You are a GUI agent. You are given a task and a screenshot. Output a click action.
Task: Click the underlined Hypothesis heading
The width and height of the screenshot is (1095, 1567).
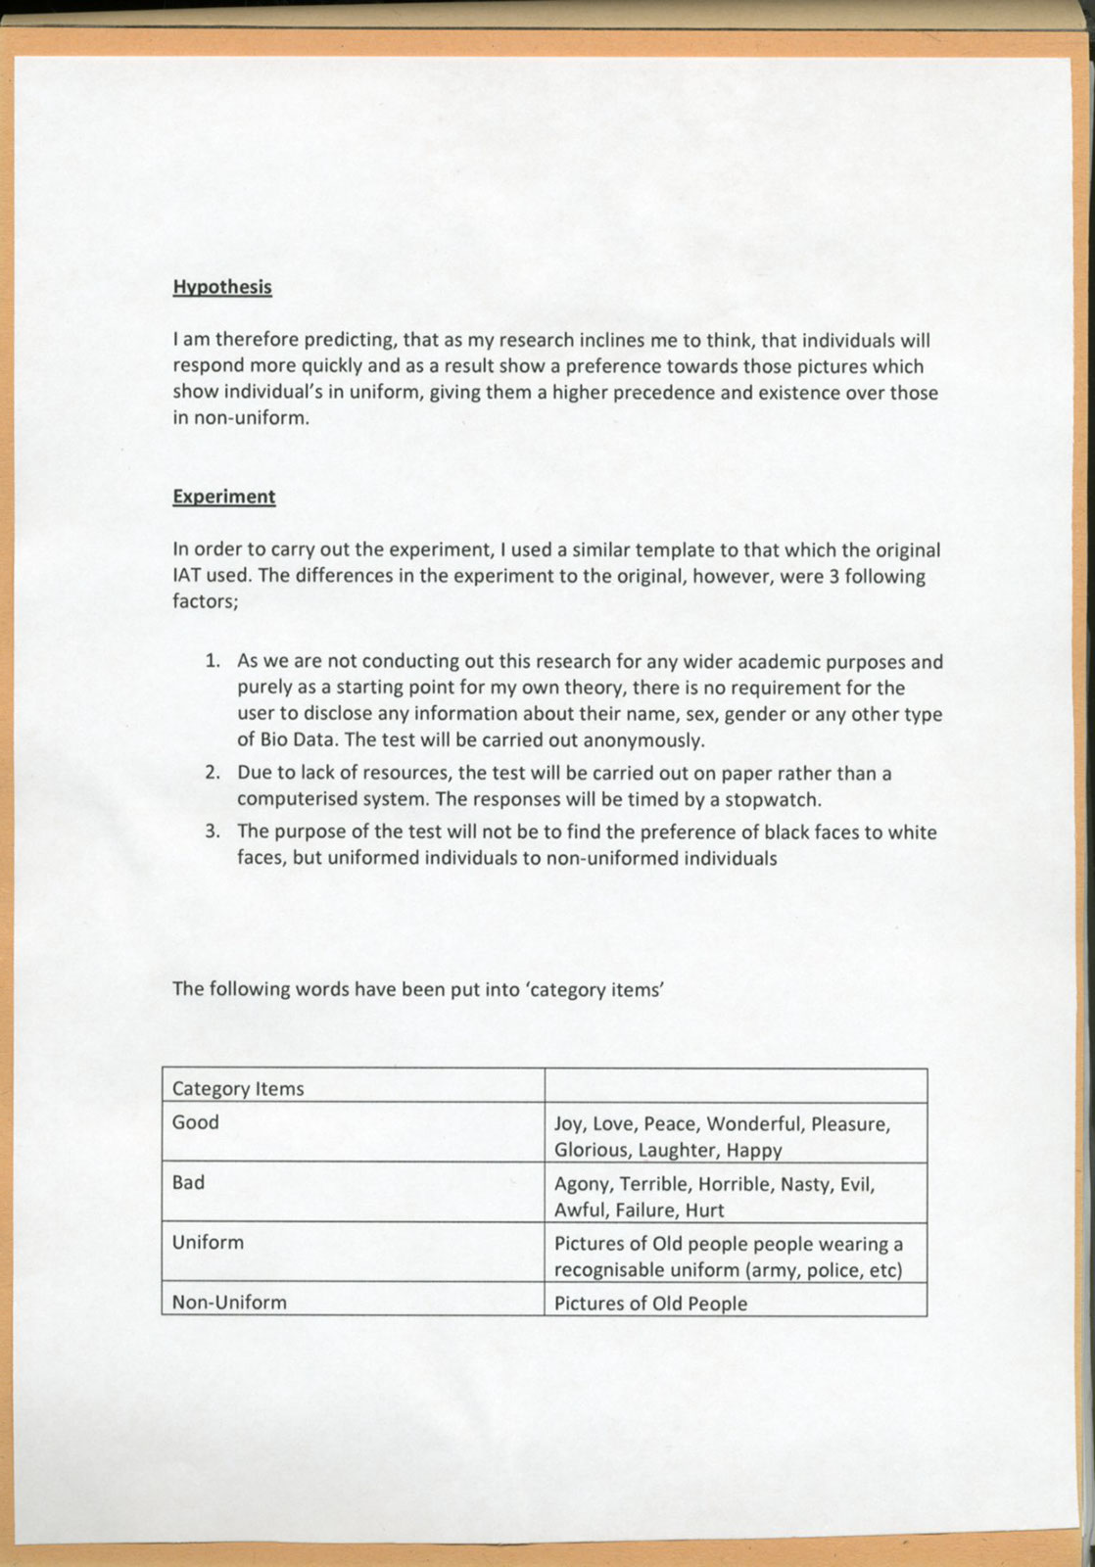click(222, 287)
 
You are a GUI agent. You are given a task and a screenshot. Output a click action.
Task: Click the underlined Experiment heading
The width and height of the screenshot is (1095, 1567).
click(223, 497)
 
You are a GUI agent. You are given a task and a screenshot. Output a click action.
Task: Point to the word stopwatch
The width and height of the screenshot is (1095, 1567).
click(772, 799)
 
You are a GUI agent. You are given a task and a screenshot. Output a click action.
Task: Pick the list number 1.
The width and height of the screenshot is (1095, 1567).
click(212, 662)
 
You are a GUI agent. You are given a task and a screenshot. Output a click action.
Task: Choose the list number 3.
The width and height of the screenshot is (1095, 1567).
click(212, 832)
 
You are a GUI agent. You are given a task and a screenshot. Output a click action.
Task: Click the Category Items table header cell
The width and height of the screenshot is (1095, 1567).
click(238, 1089)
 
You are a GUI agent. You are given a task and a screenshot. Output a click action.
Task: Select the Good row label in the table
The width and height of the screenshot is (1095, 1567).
click(195, 1122)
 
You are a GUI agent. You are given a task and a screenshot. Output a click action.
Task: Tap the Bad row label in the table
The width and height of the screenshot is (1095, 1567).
click(188, 1182)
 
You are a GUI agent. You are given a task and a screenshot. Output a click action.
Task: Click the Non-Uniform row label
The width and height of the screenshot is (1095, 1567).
click(229, 1303)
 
